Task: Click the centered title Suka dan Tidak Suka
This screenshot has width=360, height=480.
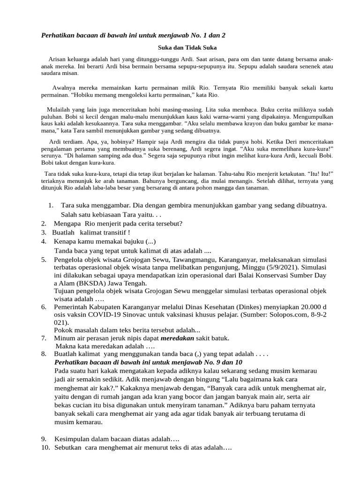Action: [x=186, y=47]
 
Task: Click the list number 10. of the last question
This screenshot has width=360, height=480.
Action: [x=45, y=448]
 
